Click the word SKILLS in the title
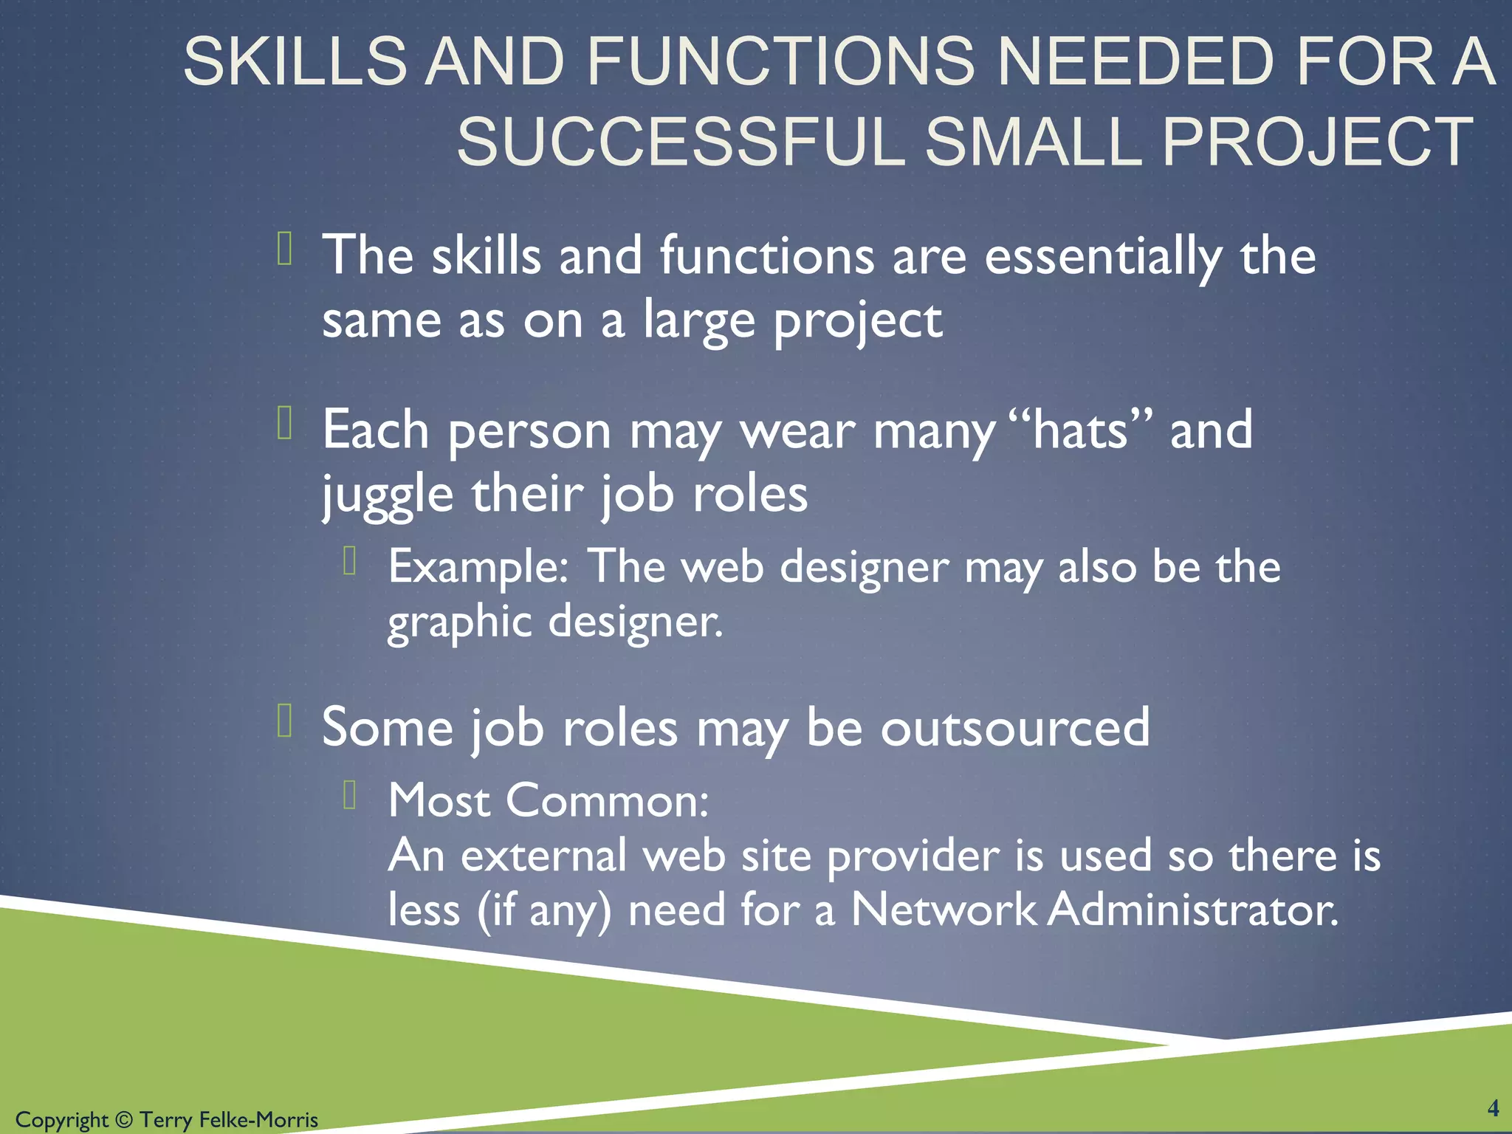point(295,61)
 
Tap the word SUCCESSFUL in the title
point(680,142)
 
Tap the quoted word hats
point(1080,430)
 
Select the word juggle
point(388,495)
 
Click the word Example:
point(478,567)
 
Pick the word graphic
point(459,622)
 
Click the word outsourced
point(1015,728)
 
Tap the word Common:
point(608,800)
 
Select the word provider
point(913,856)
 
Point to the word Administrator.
point(1192,910)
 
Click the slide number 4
point(1493,1108)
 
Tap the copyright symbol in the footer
point(123,1120)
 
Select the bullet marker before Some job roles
point(286,721)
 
